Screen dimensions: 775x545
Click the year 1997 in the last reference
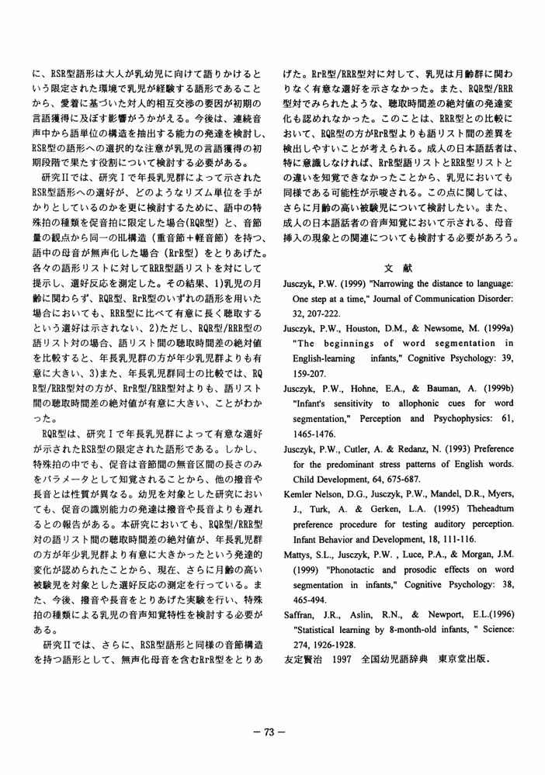click(x=347, y=638)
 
